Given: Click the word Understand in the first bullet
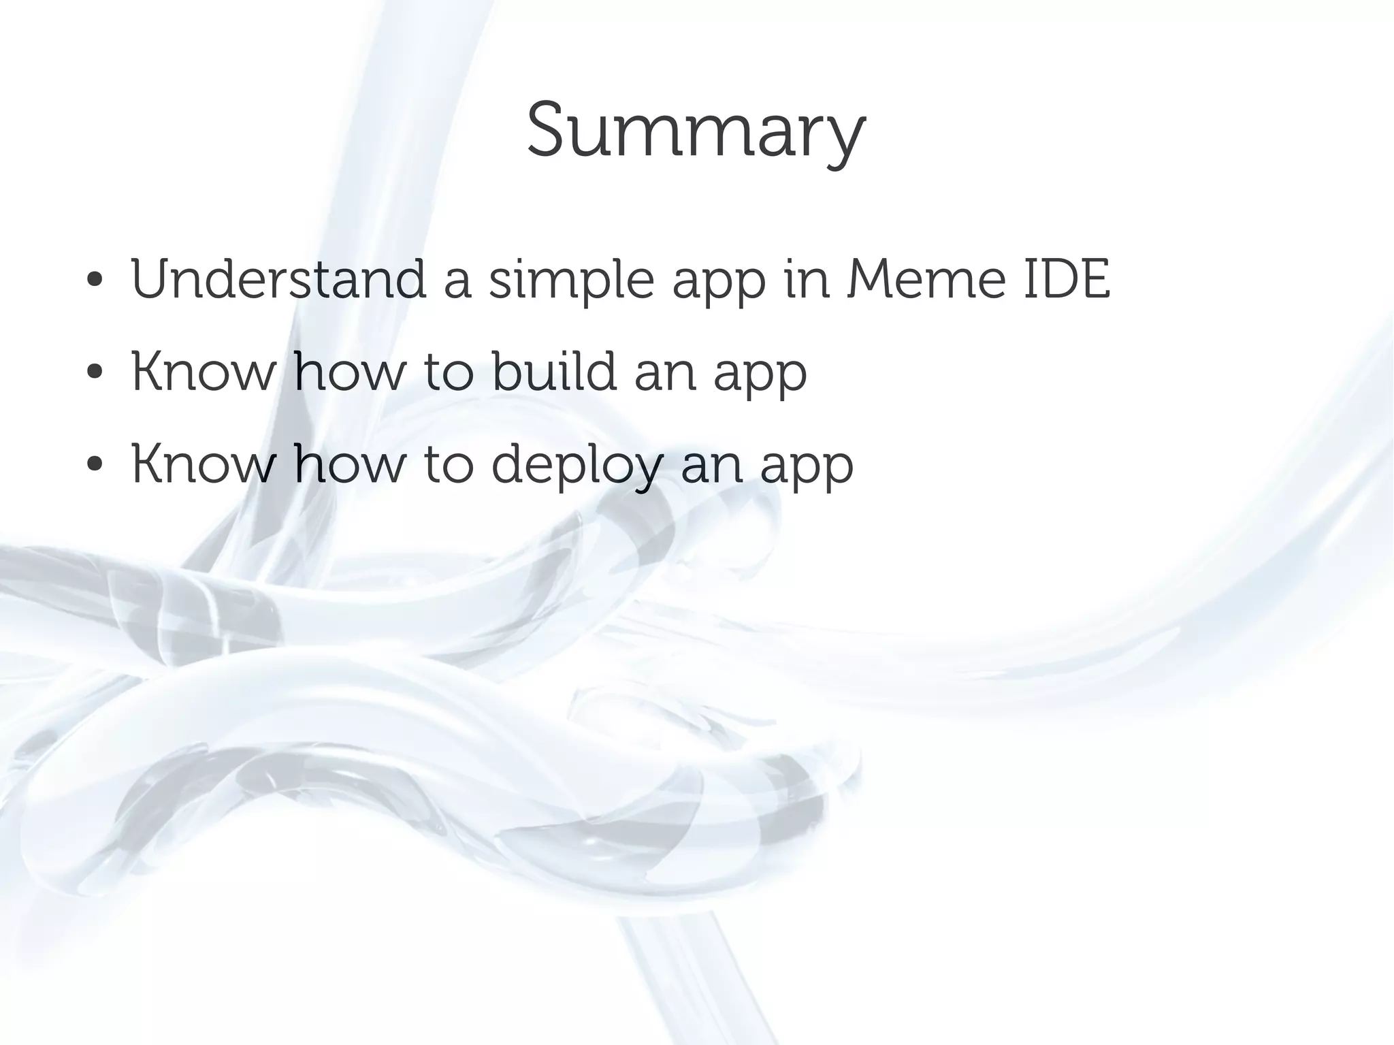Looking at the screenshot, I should (278, 279).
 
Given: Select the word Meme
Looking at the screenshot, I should (926, 279).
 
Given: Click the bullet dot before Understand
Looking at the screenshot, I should (95, 280).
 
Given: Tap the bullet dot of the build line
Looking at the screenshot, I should (95, 373).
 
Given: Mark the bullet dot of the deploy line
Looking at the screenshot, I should (95, 466).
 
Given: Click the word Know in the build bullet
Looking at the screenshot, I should (204, 372).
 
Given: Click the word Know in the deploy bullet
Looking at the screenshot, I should (204, 464).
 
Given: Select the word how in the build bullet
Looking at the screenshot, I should (349, 372).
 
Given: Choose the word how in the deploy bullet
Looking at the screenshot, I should (349, 464).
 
